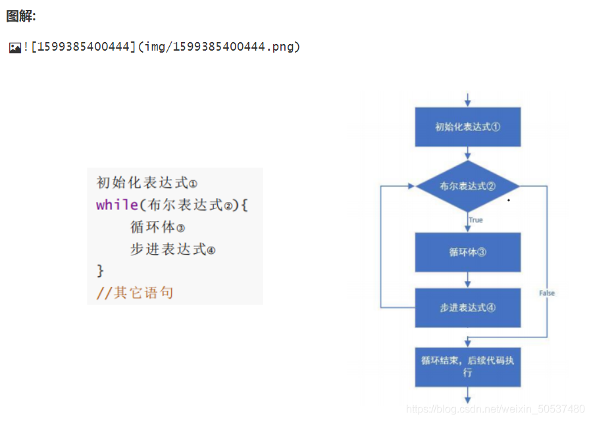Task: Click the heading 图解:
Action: (21, 16)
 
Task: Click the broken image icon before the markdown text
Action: (14, 47)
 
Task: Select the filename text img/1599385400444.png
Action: (234, 47)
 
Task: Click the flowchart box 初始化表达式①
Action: (467, 127)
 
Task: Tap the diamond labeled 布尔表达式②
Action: (467, 186)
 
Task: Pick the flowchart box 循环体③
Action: (467, 252)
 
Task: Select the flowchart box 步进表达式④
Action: (467, 308)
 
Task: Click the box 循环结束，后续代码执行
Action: (467, 366)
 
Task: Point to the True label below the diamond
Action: (476, 220)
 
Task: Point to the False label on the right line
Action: (546, 293)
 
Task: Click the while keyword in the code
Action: (116, 205)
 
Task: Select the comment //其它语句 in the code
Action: (134, 292)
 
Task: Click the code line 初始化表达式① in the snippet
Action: (146, 183)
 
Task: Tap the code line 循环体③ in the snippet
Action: (157, 227)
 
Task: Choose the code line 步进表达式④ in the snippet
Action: (172, 249)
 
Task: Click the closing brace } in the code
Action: (100, 270)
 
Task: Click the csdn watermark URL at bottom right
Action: (495, 409)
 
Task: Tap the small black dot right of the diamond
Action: (508, 200)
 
